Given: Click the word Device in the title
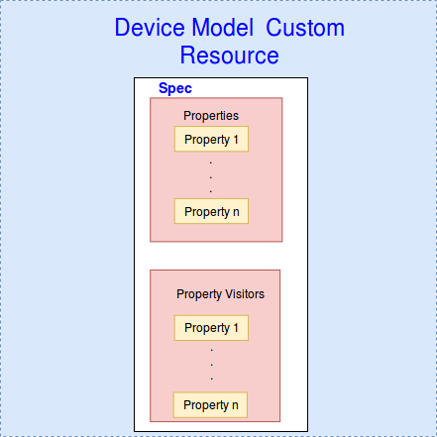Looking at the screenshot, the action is click(151, 28).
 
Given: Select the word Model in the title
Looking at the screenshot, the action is click(223, 28).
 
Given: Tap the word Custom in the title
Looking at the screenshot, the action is click(305, 28).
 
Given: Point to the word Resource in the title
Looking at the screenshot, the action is click(229, 55).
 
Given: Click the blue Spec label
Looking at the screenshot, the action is click(175, 88).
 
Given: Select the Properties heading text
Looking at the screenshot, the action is click(211, 116).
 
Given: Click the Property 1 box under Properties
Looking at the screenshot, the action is click(211, 139).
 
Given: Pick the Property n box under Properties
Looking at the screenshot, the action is click(211, 211).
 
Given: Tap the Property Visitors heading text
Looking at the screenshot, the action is click(220, 294).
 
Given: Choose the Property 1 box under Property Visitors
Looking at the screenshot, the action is click(211, 328).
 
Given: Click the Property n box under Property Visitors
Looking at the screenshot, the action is click(210, 405).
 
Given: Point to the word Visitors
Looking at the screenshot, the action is click(245, 294).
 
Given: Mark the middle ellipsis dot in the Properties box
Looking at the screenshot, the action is click(211, 177).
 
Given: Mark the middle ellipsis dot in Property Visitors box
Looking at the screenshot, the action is click(212, 365).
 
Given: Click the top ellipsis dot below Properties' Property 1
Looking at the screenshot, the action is click(211, 163).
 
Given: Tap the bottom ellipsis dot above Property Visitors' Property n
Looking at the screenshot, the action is click(212, 379).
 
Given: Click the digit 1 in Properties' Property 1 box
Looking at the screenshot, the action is click(236, 140).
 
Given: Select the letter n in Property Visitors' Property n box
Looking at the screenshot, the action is click(235, 405).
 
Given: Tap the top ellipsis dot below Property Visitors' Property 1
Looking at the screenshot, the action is click(212, 350).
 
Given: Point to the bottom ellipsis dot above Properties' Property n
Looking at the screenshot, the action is click(211, 191).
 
